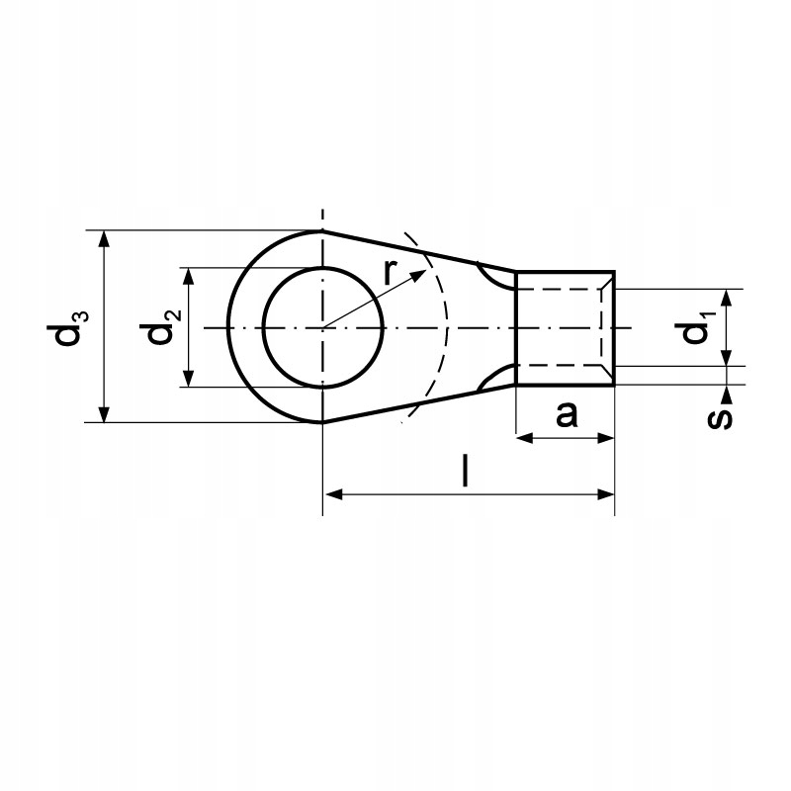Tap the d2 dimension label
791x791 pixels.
tap(160, 327)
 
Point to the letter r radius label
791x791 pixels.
tap(389, 273)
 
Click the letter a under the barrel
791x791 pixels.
tap(566, 414)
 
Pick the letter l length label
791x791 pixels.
tap(465, 471)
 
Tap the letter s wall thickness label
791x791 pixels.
tap(720, 418)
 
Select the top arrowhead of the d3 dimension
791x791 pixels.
tap(105, 239)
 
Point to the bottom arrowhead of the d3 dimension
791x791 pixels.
tap(105, 413)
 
